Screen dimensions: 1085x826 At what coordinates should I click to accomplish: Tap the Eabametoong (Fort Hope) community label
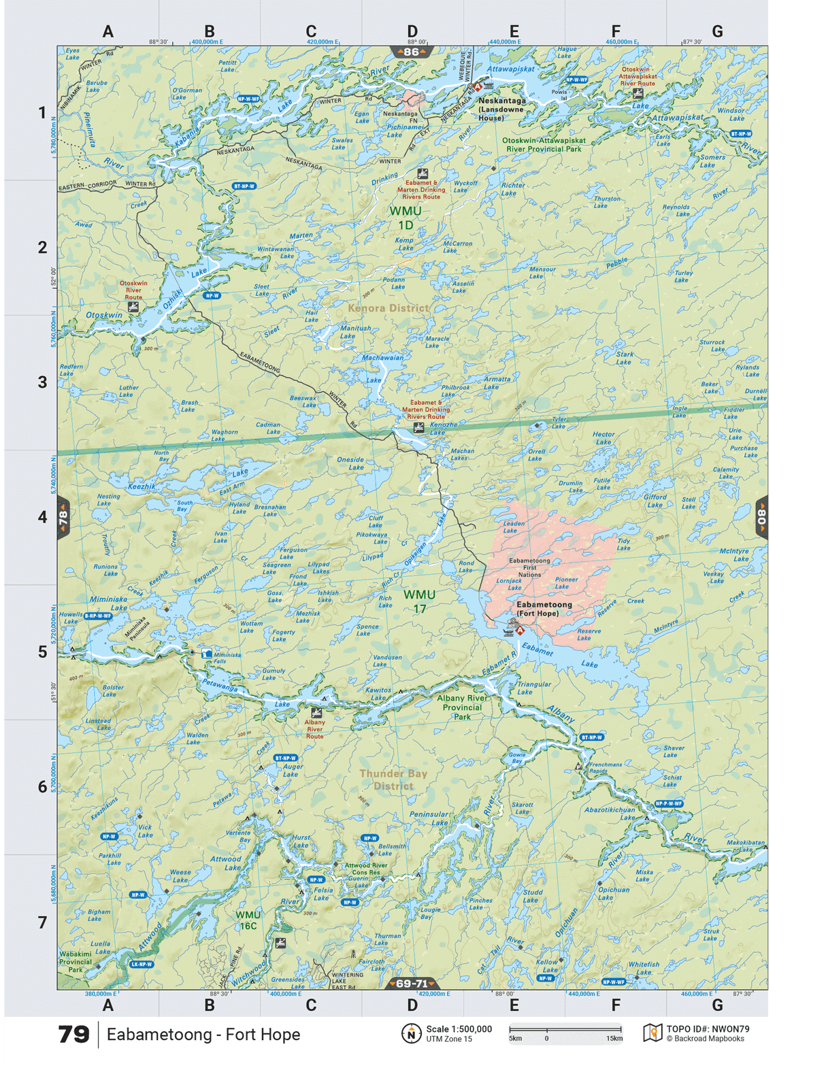(544, 609)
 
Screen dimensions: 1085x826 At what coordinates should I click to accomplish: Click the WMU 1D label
(405, 218)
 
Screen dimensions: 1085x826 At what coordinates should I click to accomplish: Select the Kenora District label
(388, 308)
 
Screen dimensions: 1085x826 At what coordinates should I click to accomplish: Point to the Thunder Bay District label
(393, 780)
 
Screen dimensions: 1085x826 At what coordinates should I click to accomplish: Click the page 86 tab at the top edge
(411, 52)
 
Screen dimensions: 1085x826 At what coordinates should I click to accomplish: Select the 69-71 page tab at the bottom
(412, 984)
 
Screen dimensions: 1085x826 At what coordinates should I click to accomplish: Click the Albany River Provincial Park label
(462, 707)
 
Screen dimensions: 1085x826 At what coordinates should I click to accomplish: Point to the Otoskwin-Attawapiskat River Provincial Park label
(544, 145)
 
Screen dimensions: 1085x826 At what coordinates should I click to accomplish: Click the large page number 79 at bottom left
(73, 1035)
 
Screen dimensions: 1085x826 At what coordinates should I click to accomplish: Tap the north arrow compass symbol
(411, 1033)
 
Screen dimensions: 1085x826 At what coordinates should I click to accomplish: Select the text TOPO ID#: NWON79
(708, 1029)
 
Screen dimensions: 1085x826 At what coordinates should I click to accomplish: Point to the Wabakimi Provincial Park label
(75, 961)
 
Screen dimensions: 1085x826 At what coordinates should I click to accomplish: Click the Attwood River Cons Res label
(366, 869)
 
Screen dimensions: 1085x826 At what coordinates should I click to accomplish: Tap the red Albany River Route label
(314, 729)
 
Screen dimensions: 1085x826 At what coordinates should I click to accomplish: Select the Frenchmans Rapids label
(605, 767)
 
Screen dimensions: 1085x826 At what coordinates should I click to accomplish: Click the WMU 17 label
(419, 601)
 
